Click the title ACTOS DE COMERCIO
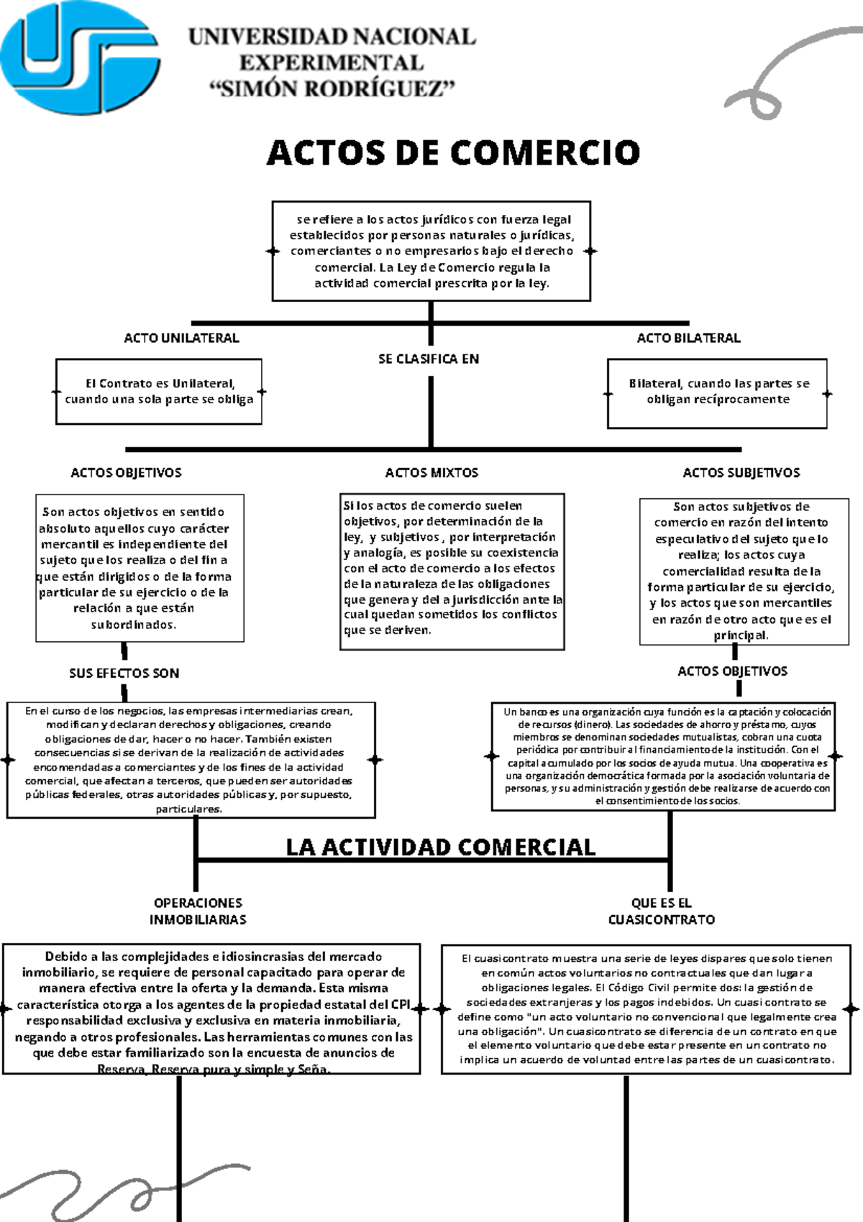point(453,153)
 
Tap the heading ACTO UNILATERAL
point(181,338)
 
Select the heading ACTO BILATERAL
point(688,338)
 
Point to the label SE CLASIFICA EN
point(429,359)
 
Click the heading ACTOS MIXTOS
point(431,473)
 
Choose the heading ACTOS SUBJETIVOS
point(741,473)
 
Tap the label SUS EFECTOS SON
point(124,674)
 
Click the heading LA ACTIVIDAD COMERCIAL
point(440,847)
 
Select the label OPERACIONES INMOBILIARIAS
point(198,911)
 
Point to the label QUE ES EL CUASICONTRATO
point(662,911)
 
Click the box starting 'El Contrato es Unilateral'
point(159,392)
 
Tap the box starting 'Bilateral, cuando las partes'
point(718,392)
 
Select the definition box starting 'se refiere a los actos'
point(431,251)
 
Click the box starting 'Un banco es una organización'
point(663,755)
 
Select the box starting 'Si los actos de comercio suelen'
point(452,571)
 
